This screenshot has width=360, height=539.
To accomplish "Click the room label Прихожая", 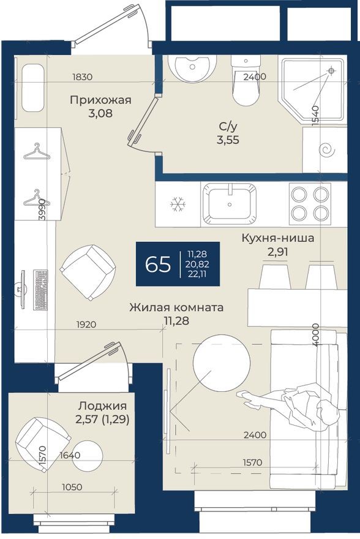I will [100, 100].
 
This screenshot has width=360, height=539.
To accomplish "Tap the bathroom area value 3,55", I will [228, 139].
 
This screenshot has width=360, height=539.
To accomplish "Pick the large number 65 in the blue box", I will [158, 265].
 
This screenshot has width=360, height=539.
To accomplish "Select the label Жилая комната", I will [176, 307].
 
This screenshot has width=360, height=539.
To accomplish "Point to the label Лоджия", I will [102, 405].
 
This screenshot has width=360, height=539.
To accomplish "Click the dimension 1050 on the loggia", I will [72, 487].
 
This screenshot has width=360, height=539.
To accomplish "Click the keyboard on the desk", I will [42, 288].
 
